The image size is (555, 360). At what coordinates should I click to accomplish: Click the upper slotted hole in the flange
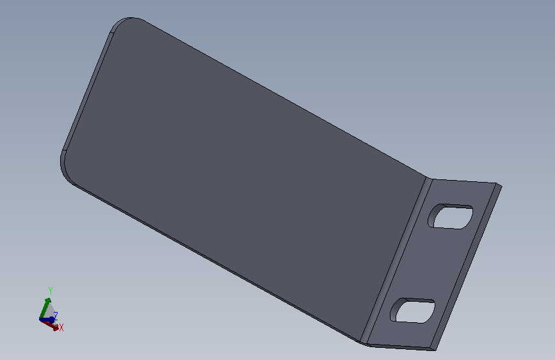click(451, 217)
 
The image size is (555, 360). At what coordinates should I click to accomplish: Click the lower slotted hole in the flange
click(413, 311)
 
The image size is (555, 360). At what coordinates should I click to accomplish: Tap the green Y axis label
click(51, 291)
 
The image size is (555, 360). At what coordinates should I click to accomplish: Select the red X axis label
click(61, 327)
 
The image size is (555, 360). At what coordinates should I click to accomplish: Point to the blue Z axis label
click(55, 316)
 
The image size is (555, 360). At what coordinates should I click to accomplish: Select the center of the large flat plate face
click(245, 177)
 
